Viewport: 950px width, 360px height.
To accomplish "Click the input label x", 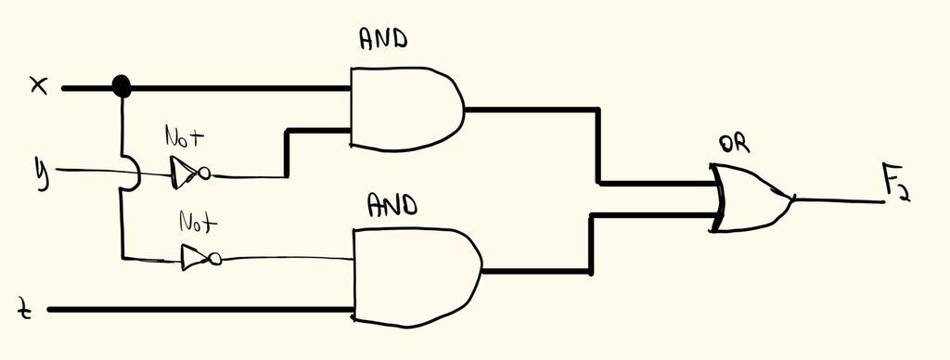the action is tap(39, 87).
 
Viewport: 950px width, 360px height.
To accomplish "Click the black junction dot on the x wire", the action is tap(122, 86).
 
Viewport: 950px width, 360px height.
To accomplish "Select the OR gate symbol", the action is tap(751, 198).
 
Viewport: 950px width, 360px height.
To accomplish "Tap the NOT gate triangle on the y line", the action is tap(184, 173).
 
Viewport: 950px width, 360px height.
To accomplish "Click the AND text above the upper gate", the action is tap(383, 40).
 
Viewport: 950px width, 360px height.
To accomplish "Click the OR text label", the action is tap(735, 145).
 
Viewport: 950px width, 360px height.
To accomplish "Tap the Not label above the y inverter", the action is tap(185, 136).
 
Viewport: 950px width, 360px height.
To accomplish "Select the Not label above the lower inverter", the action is tap(198, 223).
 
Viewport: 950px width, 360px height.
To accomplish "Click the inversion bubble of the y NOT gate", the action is tap(205, 174).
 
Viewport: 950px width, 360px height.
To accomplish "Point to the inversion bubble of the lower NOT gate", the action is tap(215, 260).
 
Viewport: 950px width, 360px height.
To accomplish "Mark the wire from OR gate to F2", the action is tap(839, 200).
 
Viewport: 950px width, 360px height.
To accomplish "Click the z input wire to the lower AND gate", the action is tap(200, 310).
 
